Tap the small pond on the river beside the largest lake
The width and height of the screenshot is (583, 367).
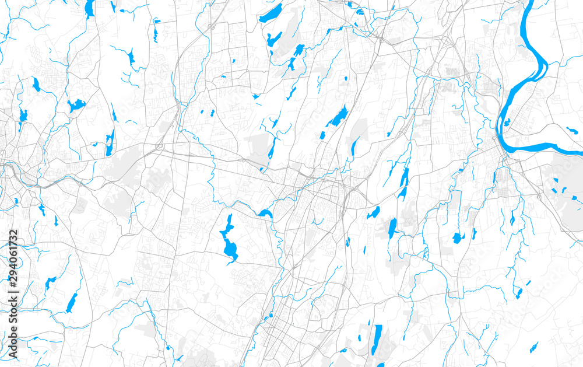click(x=265, y=214)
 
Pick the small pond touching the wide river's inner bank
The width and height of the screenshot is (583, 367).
click(x=507, y=123)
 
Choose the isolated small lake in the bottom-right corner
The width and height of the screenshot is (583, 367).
click(x=533, y=348)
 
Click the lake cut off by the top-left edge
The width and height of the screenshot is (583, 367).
click(x=89, y=8)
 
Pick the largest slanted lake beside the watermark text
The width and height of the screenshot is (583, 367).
click(x=71, y=302)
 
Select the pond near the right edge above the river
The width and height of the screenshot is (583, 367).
click(x=571, y=131)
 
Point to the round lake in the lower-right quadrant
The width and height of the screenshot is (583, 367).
click(x=456, y=237)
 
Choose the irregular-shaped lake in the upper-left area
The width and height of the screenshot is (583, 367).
click(x=76, y=106)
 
